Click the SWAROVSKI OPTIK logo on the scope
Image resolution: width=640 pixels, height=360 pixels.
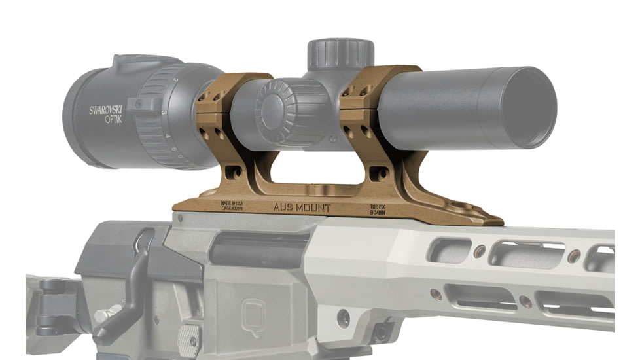coord(106,115)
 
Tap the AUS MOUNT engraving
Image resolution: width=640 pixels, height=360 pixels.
coord(302,208)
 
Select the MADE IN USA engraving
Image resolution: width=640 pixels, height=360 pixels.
coord(232,206)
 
